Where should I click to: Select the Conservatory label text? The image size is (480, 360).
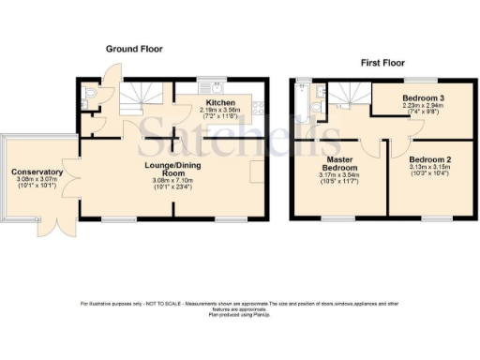click(37, 172)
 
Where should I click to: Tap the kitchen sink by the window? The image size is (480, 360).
click(217, 87)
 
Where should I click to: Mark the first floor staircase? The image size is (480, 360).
click(351, 93)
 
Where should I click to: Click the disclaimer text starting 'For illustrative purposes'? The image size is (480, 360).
click(239, 306)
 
